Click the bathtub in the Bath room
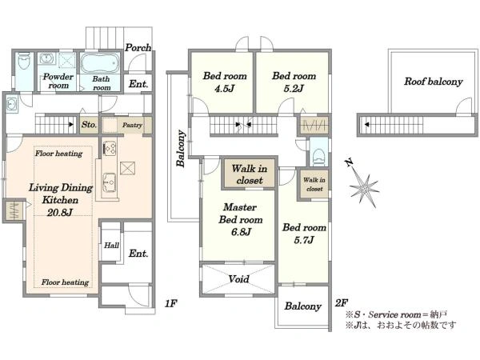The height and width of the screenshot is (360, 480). (99, 62)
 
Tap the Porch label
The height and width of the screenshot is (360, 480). (138, 47)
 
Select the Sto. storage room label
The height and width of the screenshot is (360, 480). (89, 125)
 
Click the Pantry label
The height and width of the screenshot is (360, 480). (132, 125)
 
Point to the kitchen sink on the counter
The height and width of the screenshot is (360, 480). (110, 182)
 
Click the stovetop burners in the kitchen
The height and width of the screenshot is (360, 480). (110, 148)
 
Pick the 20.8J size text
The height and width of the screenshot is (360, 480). (60, 213)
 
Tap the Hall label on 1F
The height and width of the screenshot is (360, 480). (111, 246)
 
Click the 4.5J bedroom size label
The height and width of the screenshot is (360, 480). (224, 89)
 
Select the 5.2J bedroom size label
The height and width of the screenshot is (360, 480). (294, 89)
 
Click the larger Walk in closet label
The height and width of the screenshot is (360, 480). (249, 174)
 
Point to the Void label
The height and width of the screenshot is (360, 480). (238, 279)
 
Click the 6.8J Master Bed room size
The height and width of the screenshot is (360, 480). (241, 232)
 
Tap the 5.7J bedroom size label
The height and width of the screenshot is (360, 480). (304, 240)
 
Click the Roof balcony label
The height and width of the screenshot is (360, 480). (433, 82)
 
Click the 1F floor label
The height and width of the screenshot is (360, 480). (171, 303)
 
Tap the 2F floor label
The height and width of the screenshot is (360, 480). (342, 303)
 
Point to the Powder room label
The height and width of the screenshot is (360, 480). (58, 81)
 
